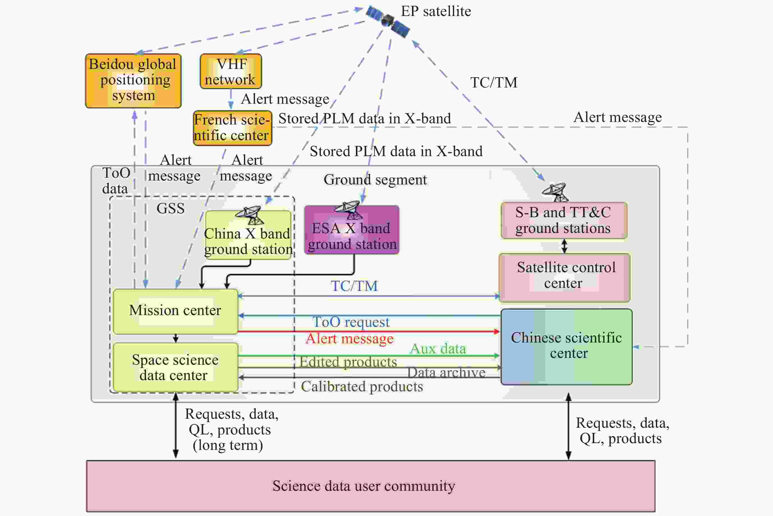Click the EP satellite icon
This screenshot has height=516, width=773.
coord(388,21)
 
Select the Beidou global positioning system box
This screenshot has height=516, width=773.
coord(133,81)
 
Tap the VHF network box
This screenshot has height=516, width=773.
coord(231,71)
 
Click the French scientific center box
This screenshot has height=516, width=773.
coord(233,128)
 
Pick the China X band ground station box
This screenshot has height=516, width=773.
coord(248,235)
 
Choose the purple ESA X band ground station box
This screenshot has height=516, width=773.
coord(352,230)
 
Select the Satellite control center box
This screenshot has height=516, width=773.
coord(565,277)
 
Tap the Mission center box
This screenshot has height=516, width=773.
coord(175,311)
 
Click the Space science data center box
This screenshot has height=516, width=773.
coord(175,367)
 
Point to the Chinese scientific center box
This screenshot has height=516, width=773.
coord(566,346)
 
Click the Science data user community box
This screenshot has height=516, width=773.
coord(371,486)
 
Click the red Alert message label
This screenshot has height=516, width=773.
coord(350,339)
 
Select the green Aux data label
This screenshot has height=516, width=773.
coord(438,349)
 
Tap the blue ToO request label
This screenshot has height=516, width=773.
coord(351,322)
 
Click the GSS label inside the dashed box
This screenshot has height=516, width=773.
coord(171,208)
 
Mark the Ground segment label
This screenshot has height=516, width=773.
coord(375,180)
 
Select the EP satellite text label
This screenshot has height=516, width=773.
coord(436,11)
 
